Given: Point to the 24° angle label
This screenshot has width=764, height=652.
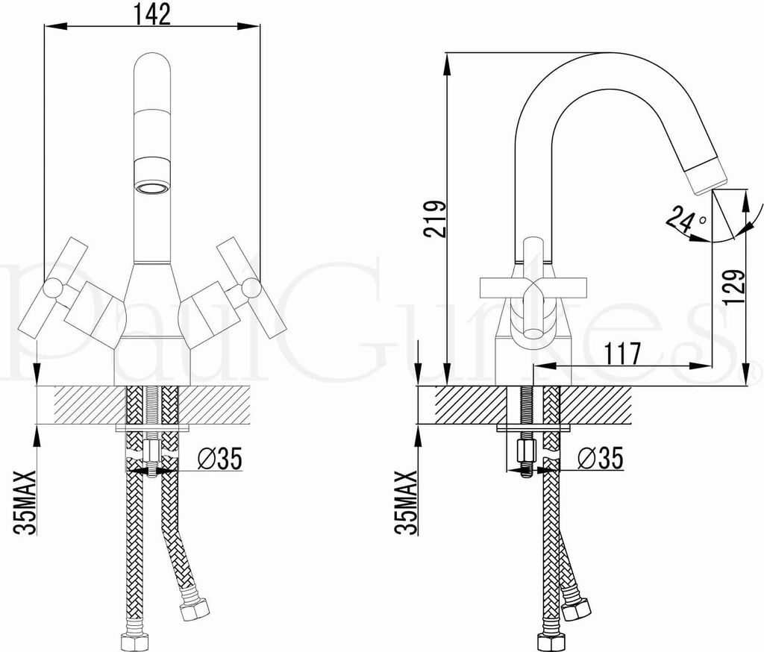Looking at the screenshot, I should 686,222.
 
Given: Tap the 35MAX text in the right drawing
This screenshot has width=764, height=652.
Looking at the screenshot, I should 407,503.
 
